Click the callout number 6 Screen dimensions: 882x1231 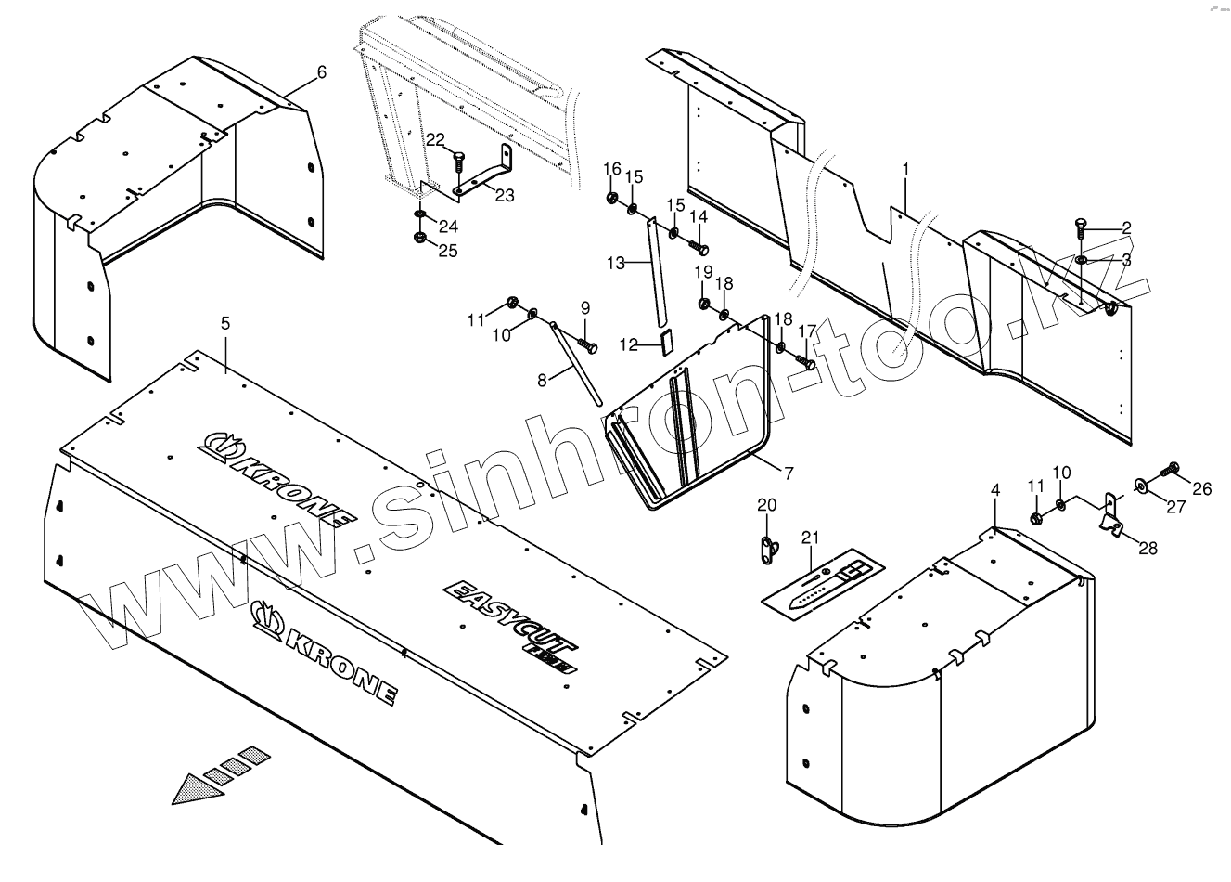[322, 71]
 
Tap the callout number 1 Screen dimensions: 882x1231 [905, 169]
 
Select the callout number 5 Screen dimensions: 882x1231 [225, 322]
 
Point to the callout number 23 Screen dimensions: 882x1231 [504, 195]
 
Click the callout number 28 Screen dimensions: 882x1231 [1148, 549]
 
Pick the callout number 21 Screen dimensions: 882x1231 [811, 538]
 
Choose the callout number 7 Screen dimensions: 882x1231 [788, 473]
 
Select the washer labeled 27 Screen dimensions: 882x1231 [1140, 484]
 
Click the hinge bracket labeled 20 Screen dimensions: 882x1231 [765, 550]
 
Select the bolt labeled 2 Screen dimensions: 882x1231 [1082, 224]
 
